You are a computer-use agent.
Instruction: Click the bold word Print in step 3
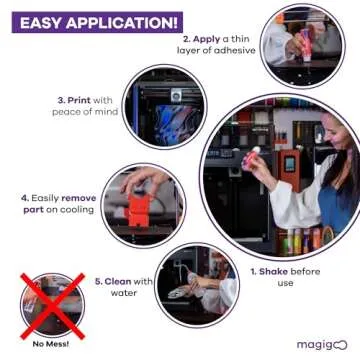click(79, 100)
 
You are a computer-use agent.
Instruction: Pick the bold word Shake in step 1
click(275, 270)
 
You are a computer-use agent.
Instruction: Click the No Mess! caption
click(50, 344)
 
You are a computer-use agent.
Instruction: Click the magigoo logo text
click(320, 344)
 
